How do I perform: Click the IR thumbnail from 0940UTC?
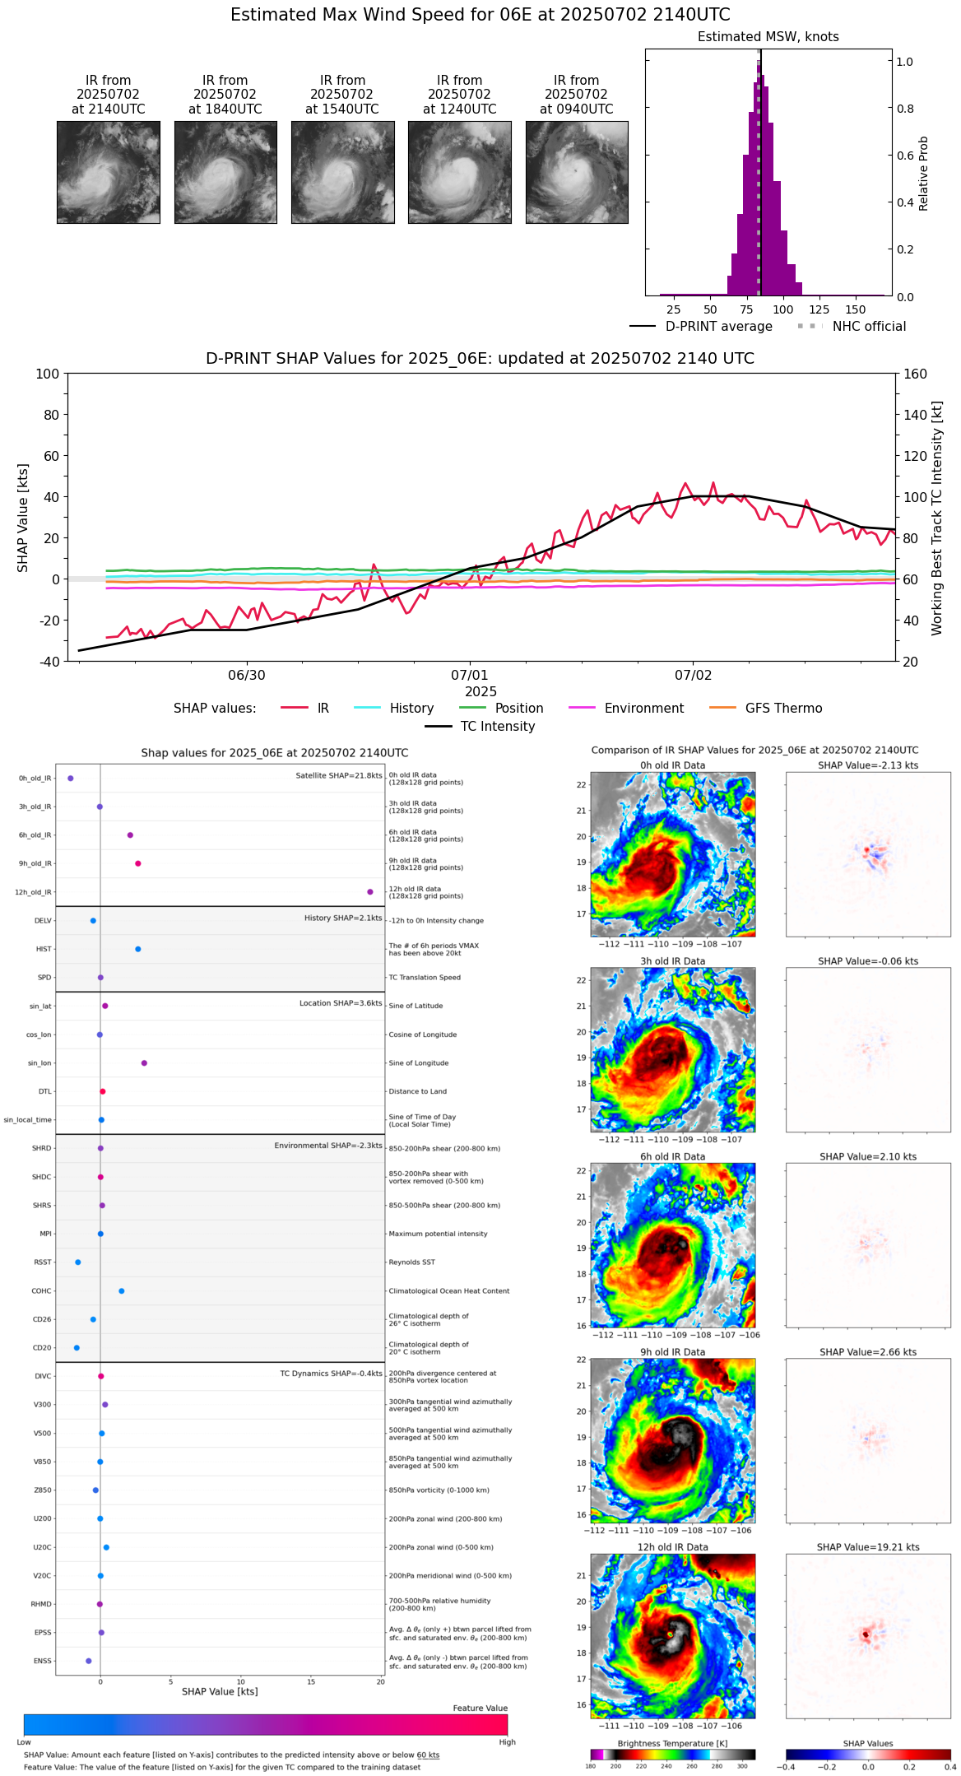point(577,172)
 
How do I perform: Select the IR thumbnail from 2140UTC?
point(109,172)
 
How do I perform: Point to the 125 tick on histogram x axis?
point(819,309)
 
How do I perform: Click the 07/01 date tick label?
point(470,676)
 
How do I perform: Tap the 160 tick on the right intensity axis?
point(915,374)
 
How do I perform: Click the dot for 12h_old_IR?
point(370,892)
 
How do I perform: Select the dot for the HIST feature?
point(138,949)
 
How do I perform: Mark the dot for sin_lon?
point(144,1062)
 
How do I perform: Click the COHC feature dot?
point(122,1290)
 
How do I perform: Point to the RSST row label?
point(43,1262)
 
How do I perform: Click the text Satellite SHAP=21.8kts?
point(339,775)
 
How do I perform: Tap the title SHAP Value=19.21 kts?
point(868,1547)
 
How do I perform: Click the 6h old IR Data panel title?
point(672,1156)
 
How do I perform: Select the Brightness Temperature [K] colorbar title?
point(672,1743)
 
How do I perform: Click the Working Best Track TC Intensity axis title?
point(937,518)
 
